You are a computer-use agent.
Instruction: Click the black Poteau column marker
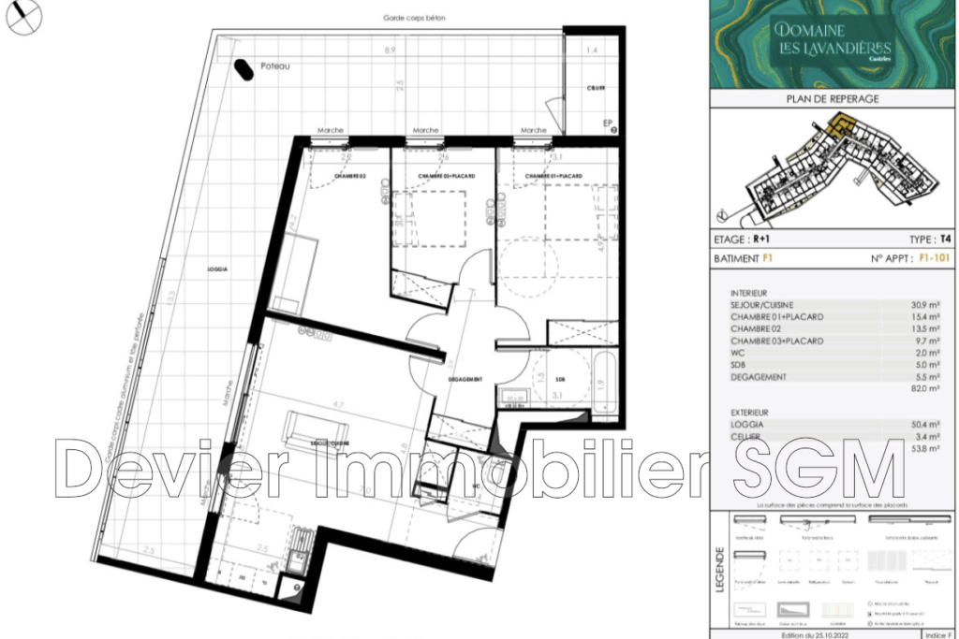point(243,71)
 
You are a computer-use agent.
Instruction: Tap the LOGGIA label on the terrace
point(218,269)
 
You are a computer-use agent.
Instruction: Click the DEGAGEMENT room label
point(465,379)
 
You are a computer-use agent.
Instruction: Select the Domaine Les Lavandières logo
point(833,42)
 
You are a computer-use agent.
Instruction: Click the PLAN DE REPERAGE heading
point(833,99)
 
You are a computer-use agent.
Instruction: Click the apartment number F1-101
point(927,256)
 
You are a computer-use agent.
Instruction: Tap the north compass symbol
point(22,18)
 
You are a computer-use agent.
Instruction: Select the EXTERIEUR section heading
point(750,412)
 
